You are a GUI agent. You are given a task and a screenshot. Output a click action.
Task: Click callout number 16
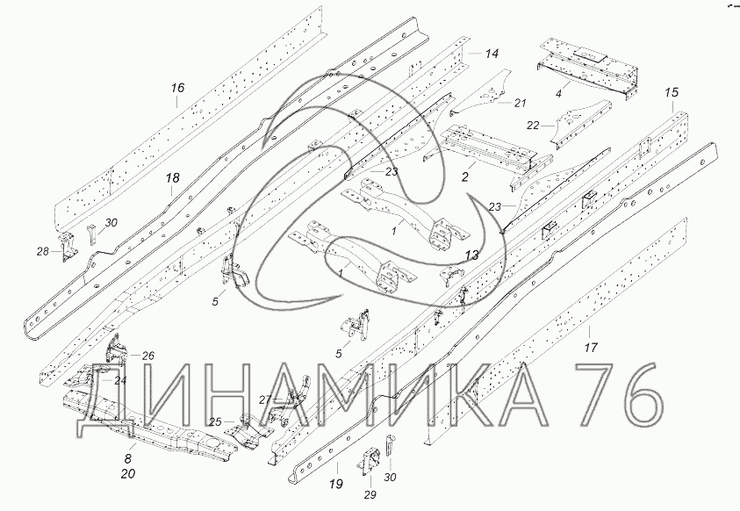pyautogui.click(x=177, y=88)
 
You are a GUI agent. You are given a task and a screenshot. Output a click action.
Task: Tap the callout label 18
pyautogui.click(x=173, y=178)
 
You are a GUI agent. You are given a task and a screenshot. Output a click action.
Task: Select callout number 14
pyautogui.click(x=492, y=54)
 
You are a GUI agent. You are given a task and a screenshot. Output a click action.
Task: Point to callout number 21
pyautogui.click(x=520, y=103)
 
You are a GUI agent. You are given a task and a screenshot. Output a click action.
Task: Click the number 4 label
pyautogui.click(x=558, y=93)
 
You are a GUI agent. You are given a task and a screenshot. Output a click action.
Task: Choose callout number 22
pyautogui.click(x=533, y=126)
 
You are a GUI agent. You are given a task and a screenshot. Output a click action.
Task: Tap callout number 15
pyautogui.click(x=672, y=92)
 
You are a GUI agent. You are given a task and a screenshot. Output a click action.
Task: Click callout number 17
pyautogui.click(x=591, y=348)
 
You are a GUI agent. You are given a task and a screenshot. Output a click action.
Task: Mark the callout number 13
pyautogui.click(x=471, y=255)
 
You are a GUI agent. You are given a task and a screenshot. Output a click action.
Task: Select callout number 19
pyautogui.click(x=336, y=484)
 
